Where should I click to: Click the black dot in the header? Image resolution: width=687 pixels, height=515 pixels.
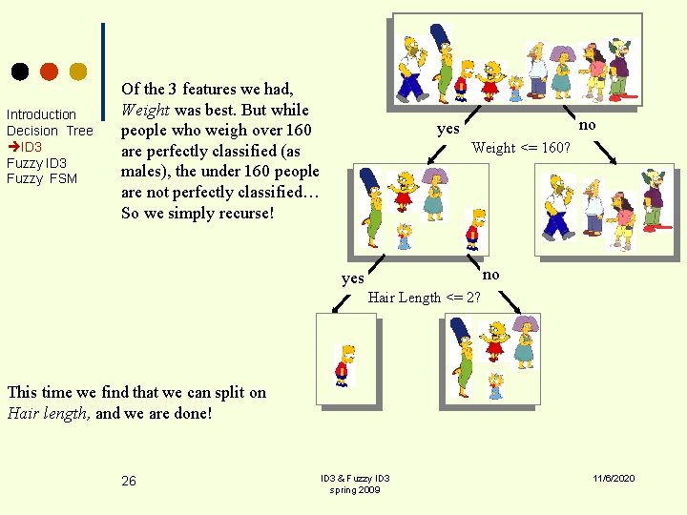click(x=20, y=72)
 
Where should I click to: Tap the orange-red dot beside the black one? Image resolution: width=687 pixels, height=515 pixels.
click(x=49, y=72)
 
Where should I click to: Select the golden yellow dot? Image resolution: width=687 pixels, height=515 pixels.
click(x=78, y=72)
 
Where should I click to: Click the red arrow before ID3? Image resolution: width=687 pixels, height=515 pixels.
click(x=13, y=146)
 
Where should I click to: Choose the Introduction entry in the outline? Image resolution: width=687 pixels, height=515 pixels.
click(x=41, y=114)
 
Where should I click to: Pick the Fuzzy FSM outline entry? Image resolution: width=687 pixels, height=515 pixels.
click(x=42, y=178)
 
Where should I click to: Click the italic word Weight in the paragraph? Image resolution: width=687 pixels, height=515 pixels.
click(x=145, y=110)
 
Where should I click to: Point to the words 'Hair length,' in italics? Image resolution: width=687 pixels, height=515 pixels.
click(x=49, y=414)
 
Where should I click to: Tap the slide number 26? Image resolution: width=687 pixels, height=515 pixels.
click(x=129, y=481)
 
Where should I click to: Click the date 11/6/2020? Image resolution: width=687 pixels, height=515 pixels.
click(x=614, y=478)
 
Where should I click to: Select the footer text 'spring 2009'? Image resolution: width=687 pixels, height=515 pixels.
click(x=354, y=490)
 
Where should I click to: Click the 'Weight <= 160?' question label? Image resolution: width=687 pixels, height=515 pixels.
click(x=521, y=147)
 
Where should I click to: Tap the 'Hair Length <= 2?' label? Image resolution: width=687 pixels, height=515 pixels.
click(x=424, y=298)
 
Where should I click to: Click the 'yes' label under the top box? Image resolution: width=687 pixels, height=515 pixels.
click(x=448, y=129)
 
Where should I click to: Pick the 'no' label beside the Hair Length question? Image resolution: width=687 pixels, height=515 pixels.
click(x=490, y=275)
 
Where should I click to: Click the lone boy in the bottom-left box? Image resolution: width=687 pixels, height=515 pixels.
click(x=345, y=366)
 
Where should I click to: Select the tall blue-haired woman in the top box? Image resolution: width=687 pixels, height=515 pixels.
click(x=442, y=64)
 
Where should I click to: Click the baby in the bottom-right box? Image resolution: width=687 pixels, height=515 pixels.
click(x=496, y=385)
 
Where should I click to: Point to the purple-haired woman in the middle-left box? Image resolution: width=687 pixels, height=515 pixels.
click(x=435, y=194)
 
